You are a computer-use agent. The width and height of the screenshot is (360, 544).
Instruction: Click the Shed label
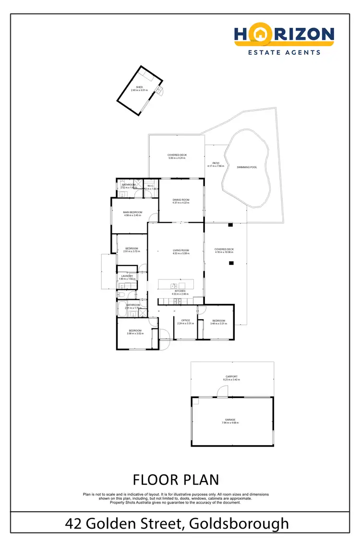point(139,87)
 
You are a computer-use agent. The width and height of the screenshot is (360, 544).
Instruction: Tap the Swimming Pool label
point(247,167)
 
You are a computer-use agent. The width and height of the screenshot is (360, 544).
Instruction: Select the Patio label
point(216,163)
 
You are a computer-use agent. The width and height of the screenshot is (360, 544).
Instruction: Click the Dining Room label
point(181,200)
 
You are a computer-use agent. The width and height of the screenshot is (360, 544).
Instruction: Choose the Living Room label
point(181,250)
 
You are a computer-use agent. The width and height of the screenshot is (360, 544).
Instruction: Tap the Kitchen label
point(180,291)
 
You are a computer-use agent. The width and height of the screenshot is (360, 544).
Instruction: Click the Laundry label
point(127,276)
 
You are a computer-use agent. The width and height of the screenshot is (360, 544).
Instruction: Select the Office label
point(185,320)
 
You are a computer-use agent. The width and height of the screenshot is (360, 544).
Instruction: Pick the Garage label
point(230,420)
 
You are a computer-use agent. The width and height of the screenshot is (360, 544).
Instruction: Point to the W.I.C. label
point(150,186)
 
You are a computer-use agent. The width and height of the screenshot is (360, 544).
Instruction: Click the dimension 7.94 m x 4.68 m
point(230,423)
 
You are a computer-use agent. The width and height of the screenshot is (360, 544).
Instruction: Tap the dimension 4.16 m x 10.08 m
point(224,253)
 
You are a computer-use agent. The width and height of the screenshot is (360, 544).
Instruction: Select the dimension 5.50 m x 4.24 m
point(177,158)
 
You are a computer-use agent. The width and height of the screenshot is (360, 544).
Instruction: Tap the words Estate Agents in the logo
point(284,52)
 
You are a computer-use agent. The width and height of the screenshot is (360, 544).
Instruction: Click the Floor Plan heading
point(176,479)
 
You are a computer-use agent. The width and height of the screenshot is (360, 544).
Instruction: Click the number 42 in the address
point(74,523)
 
